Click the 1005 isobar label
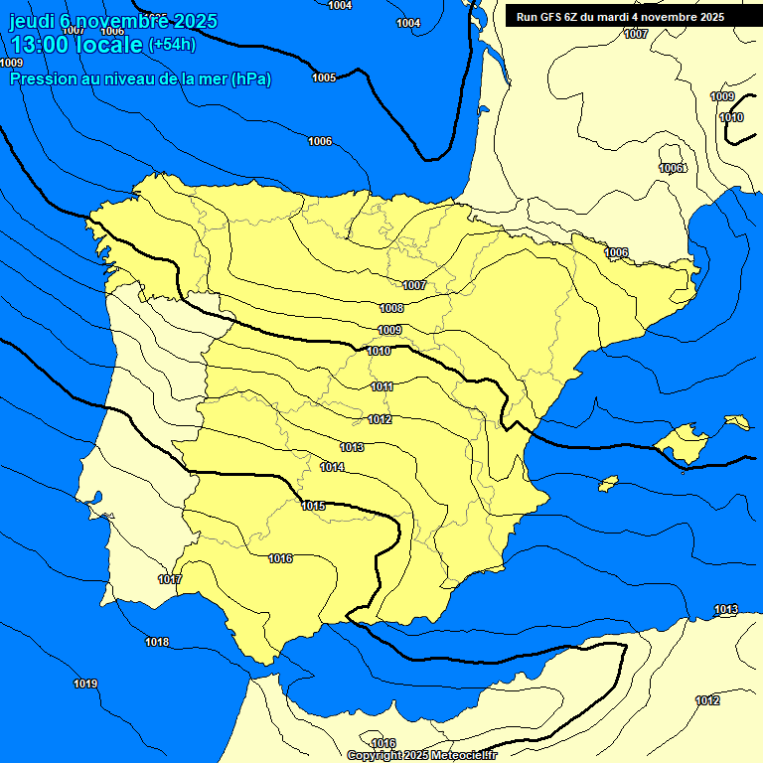click(324, 77)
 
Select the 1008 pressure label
click(391, 308)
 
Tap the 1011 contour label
click(382, 386)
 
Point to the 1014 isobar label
click(333, 467)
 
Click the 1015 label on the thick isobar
click(313, 506)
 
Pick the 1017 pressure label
click(170, 579)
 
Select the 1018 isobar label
click(157, 642)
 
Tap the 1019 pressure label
click(85, 684)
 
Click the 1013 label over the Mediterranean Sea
click(726, 609)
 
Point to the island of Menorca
click(737, 422)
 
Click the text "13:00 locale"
click(76, 44)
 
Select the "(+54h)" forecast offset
click(172, 45)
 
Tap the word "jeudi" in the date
click(31, 21)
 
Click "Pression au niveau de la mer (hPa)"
click(140, 78)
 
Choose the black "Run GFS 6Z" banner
click(620, 17)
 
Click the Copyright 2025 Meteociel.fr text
click(421, 755)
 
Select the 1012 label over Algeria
click(707, 700)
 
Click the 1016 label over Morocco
click(383, 743)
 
